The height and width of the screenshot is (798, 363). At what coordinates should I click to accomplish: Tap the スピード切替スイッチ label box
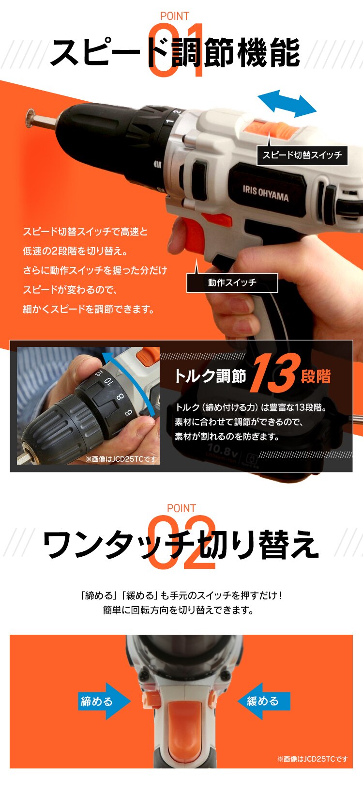302,155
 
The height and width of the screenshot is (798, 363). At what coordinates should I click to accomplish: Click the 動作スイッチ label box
232,283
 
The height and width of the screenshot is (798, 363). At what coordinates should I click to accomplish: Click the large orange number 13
273,374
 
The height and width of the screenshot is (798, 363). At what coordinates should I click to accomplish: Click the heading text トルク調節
210,376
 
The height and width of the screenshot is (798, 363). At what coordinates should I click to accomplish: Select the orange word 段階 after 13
316,376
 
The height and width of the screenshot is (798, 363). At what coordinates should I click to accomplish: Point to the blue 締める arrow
103,701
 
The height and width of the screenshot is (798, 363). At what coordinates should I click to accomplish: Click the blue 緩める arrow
264,701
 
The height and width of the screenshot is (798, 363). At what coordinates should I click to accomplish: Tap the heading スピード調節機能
175,53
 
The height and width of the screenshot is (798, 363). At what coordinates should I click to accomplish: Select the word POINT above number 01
174,16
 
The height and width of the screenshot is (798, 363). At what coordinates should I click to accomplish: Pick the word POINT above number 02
181,508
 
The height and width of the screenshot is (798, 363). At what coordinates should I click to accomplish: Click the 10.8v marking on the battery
223,450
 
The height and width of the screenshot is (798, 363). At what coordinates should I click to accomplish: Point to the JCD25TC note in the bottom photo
312,759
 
